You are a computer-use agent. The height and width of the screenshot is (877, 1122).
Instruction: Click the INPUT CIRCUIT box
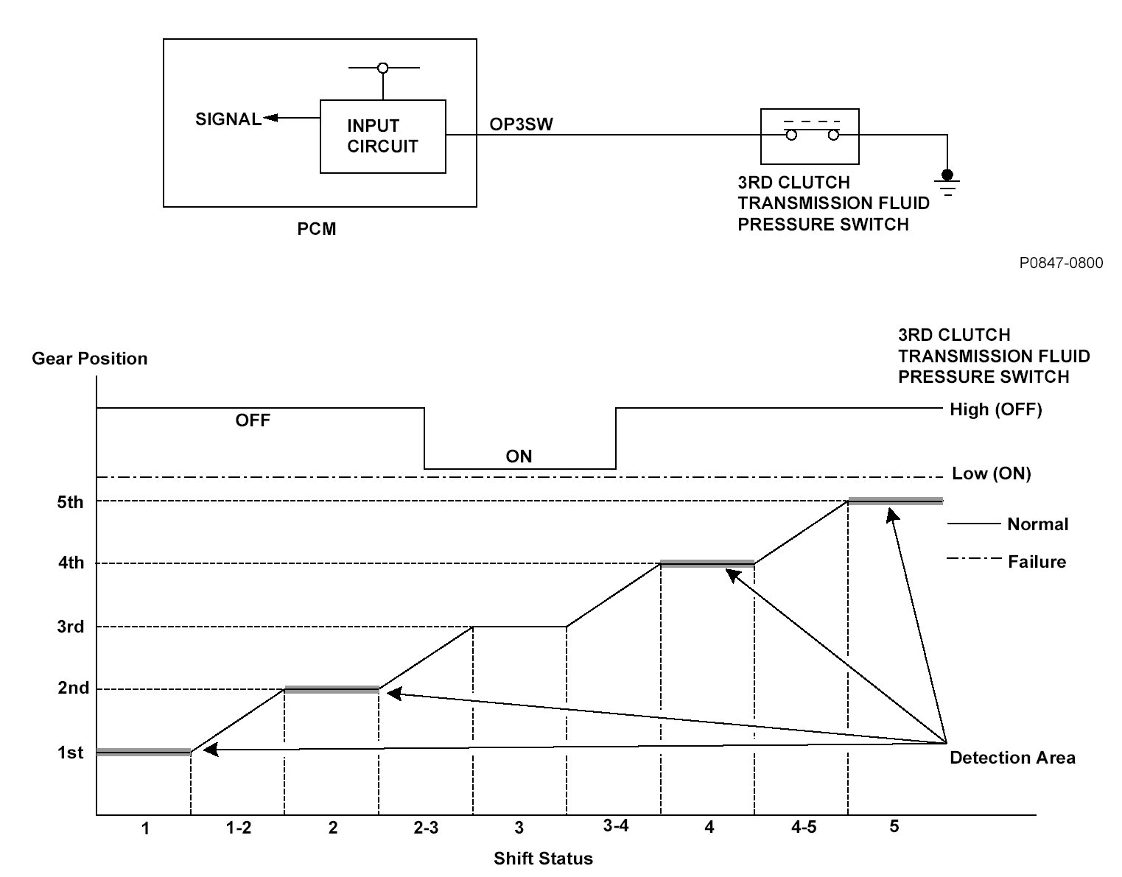point(382,136)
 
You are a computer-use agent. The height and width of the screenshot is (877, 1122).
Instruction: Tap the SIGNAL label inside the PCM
point(228,119)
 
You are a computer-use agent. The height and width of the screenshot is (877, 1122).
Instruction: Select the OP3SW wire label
point(521,124)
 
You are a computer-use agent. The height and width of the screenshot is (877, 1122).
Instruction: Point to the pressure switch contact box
point(810,136)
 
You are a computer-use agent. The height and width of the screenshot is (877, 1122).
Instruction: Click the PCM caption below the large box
point(317,229)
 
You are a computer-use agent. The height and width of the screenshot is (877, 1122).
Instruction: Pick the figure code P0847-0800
point(1061,263)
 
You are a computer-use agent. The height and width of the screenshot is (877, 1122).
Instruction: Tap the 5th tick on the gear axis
point(71,502)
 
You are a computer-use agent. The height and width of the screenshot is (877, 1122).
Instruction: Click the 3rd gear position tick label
point(71,627)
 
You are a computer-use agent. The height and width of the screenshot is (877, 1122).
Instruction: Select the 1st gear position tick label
point(71,753)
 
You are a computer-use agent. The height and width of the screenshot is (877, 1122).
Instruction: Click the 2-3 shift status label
point(425,828)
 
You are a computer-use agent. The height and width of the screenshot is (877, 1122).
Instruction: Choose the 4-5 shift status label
point(803,827)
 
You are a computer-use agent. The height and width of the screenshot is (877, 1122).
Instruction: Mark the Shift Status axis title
point(543,859)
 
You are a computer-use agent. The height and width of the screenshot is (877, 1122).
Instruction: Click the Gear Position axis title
point(90,359)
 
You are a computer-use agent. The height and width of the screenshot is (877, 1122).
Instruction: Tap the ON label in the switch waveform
point(519,457)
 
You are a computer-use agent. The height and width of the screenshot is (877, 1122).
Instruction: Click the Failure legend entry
point(1037,562)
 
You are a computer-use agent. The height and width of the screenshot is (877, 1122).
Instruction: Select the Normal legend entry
point(1037,524)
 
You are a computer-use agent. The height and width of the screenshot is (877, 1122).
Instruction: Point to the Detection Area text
point(1012,758)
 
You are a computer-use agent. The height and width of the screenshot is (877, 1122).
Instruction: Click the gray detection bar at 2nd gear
point(332,690)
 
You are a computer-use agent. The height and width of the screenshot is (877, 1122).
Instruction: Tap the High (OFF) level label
point(996,410)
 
